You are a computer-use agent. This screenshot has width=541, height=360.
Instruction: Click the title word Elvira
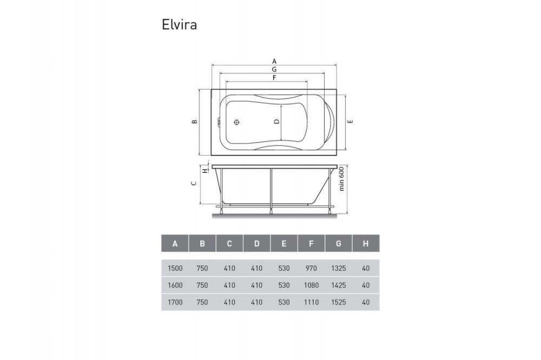coord(179,25)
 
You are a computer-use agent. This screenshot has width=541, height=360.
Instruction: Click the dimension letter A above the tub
coord(274,61)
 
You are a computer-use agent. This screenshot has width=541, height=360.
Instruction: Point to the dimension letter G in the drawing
coord(274,70)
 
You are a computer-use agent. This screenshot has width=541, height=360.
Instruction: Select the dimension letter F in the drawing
coord(274,78)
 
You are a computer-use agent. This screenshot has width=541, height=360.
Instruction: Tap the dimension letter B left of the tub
coord(194,122)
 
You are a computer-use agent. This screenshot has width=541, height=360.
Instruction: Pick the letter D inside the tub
coord(276,122)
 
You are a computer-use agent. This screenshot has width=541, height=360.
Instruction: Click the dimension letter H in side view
coord(205,170)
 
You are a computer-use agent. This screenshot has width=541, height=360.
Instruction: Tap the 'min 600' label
coord(342,179)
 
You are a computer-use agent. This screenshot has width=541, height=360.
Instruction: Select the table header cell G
coord(338,244)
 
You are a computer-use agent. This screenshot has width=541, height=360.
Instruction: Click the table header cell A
coord(175,244)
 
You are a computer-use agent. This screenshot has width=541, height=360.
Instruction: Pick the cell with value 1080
coord(311,285)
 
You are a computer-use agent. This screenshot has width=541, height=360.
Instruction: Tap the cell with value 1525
coord(338,302)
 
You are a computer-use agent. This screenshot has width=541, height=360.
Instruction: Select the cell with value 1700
coord(175,302)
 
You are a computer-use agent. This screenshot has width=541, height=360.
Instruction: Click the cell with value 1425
coord(338,285)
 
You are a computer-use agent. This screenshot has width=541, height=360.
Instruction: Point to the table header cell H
coord(366,244)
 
